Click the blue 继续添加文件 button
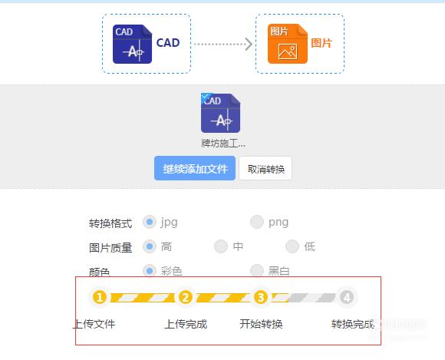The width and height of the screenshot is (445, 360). pos(195,168)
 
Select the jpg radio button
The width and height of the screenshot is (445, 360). pos(150,222)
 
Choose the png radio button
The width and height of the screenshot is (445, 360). pos(257,222)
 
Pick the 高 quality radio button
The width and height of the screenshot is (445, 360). pos(150,246)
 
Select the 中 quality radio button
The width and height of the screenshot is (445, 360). pos(221,246)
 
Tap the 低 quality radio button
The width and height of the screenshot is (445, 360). pos(292,246)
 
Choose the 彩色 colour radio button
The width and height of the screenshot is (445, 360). pos(150,270)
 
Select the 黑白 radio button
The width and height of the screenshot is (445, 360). pos(257,270)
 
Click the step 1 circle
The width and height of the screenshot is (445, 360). pos(99,297)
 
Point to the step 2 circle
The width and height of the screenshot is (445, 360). pos(186,297)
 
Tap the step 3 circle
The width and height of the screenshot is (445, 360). pos(261,297)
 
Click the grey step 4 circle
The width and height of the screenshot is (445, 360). pos(347,297)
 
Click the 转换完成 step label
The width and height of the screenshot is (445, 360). pos(353,324)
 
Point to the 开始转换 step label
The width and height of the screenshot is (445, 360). pos(261,324)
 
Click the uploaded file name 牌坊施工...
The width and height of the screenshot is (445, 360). pos(223,144)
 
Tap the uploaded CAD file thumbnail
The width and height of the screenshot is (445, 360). pos(220,113)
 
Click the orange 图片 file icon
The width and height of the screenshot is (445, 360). pos(288,44)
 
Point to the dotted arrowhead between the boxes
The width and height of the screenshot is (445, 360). pos(249,44)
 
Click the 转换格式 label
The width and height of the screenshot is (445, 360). pos(110,223)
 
